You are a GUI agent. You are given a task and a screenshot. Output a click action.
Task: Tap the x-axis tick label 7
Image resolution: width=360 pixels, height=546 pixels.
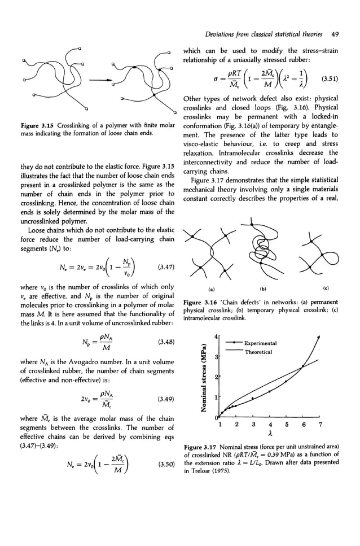320,424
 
